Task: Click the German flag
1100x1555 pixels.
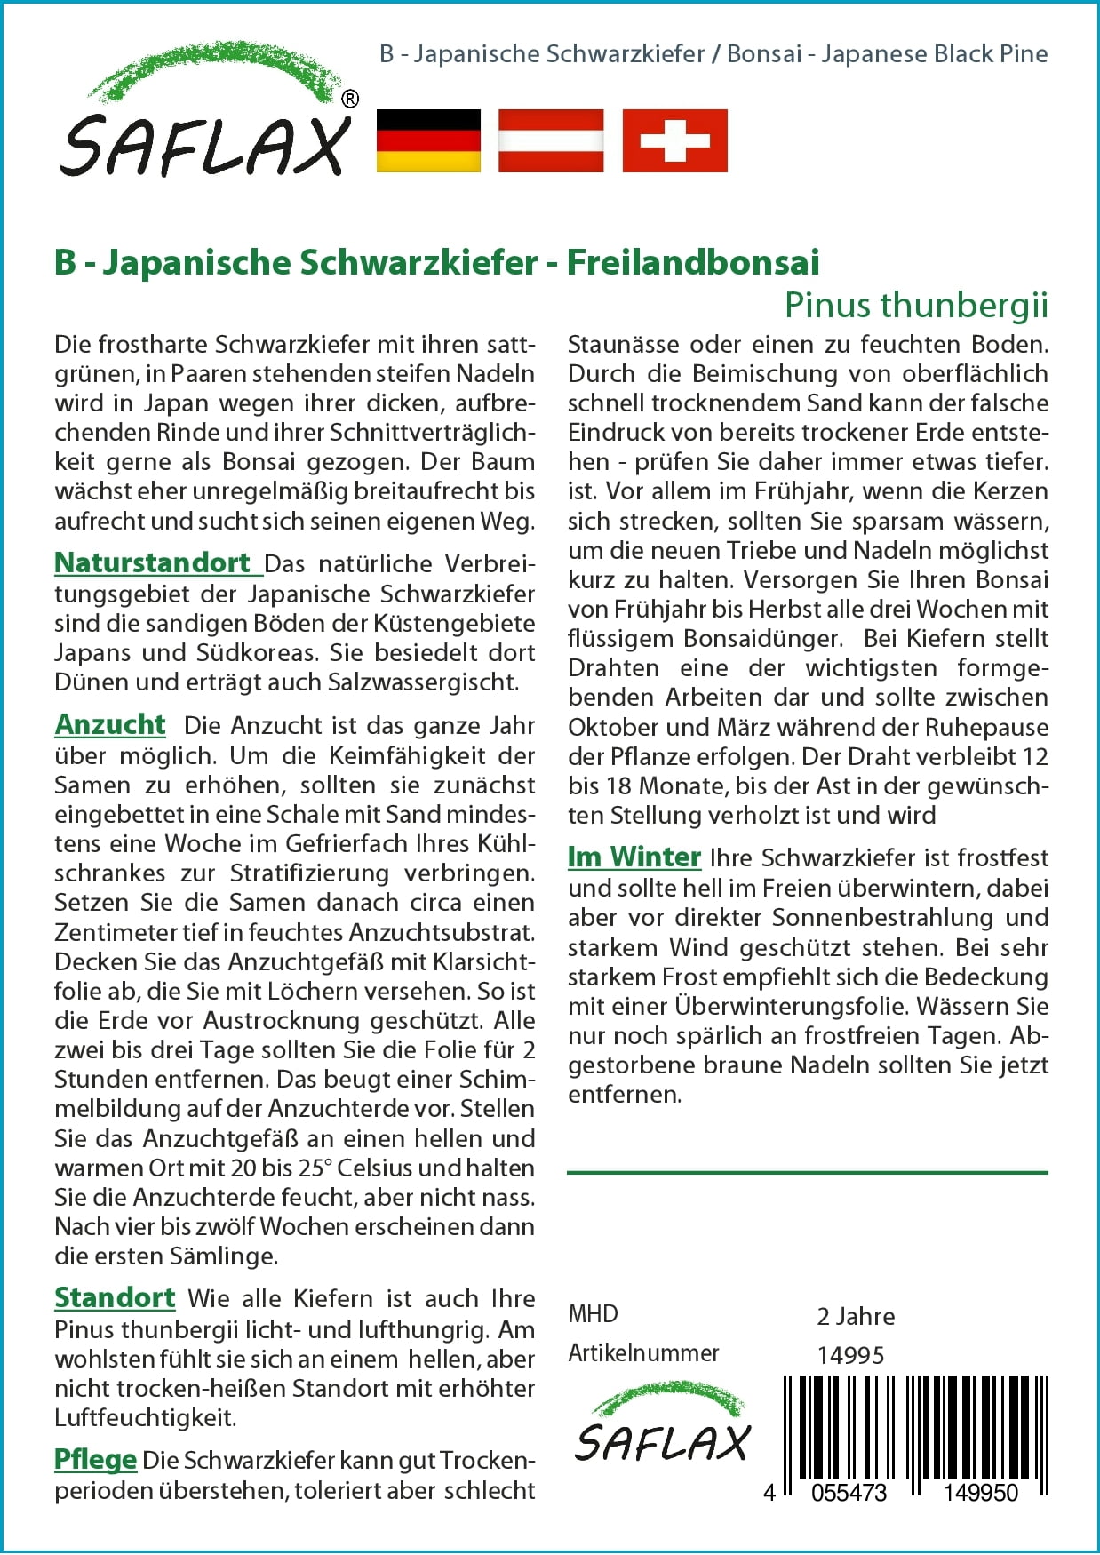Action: (428, 140)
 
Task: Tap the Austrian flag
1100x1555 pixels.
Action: (551, 140)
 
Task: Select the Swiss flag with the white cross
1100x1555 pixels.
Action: (674, 140)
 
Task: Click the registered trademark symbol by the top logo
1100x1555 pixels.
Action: (350, 100)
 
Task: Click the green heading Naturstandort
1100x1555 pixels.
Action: (153, 563)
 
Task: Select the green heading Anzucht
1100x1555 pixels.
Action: (110, 725)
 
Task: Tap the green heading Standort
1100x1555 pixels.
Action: (115, 1298)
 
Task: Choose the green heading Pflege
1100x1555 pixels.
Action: (95, 1460)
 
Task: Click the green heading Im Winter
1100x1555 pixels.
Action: (634, 857)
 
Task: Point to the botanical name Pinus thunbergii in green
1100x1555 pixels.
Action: (916, 306)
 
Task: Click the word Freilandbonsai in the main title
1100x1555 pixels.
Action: (693, 263)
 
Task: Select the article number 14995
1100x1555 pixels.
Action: (850, 1355)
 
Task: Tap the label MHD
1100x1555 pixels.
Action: (593, 1314)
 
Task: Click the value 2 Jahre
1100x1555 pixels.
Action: (856, 1316)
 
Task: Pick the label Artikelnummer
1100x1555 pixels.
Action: (643, 1353)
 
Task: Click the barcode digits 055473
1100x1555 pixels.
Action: (849, 1493)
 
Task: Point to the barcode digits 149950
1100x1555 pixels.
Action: (980, 1493)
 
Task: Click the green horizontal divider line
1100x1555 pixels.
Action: (807, 1173)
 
